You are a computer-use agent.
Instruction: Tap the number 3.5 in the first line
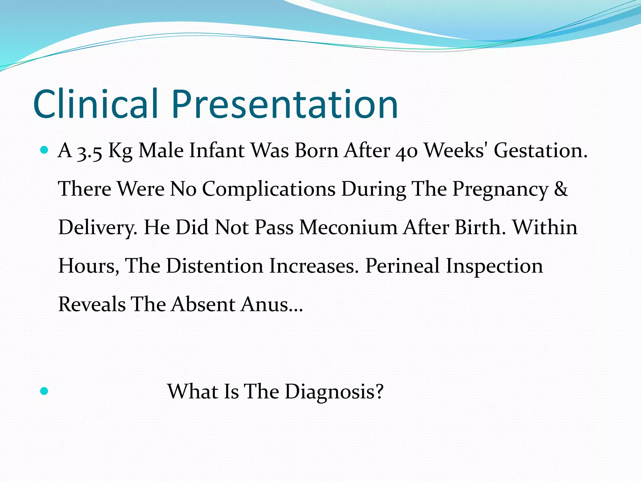tap(90, 151)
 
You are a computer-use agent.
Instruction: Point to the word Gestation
tap(541, 151)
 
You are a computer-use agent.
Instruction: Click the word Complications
tap(269, 189)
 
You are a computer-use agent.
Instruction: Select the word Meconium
tap(348, 227)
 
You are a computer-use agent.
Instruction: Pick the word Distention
tap(214, 266)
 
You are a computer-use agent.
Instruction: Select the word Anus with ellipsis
tap(272, 304)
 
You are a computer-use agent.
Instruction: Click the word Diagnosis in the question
tap(334, 391)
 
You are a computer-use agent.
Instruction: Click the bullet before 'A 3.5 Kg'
tap(44, 150)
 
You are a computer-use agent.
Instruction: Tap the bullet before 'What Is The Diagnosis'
tap(44, 391)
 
